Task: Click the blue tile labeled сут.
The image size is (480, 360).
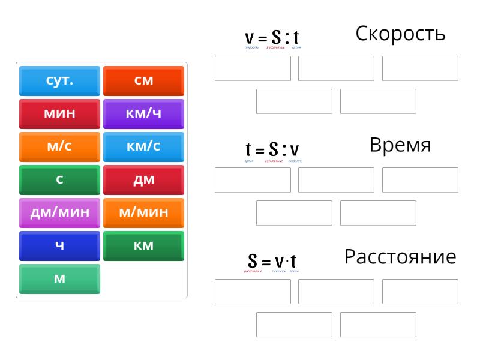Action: [59, 80]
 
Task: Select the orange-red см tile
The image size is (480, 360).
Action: [143, 80]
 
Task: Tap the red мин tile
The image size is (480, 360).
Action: [59, 113]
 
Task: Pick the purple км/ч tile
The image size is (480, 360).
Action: [143, 113]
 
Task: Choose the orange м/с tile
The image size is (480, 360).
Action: [59, 146]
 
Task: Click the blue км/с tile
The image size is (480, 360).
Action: [143, 146]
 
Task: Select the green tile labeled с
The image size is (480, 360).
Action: [59, 179]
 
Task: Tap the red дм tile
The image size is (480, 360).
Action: [143, 179]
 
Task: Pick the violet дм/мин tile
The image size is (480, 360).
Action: [59, 212]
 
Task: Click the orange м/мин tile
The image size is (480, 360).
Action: [143, 212]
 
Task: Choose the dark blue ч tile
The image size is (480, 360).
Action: [59, 245]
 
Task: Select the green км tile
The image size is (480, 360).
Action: [143, 245]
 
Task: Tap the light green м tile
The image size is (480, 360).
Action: [59, 278]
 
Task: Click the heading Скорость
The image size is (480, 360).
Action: [400, 34]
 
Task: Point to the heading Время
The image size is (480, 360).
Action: [400, 145]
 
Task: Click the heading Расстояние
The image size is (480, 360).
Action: [400, 257]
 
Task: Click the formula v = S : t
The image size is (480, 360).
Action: [272, 38]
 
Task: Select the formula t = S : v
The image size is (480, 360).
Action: [272, 149]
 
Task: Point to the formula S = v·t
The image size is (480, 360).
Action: [272, 262]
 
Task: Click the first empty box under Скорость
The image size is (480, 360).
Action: [253, 68]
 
